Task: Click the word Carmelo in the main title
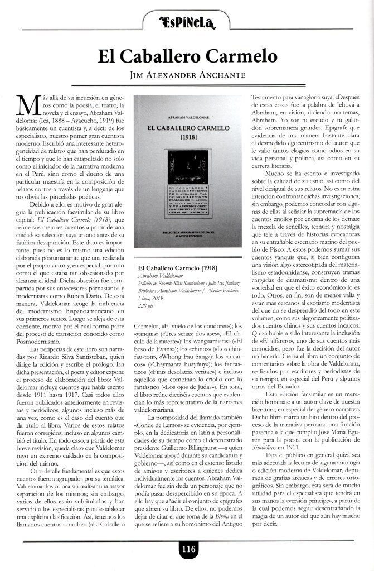tap(242, 56)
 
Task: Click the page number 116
tap(188, 550)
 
